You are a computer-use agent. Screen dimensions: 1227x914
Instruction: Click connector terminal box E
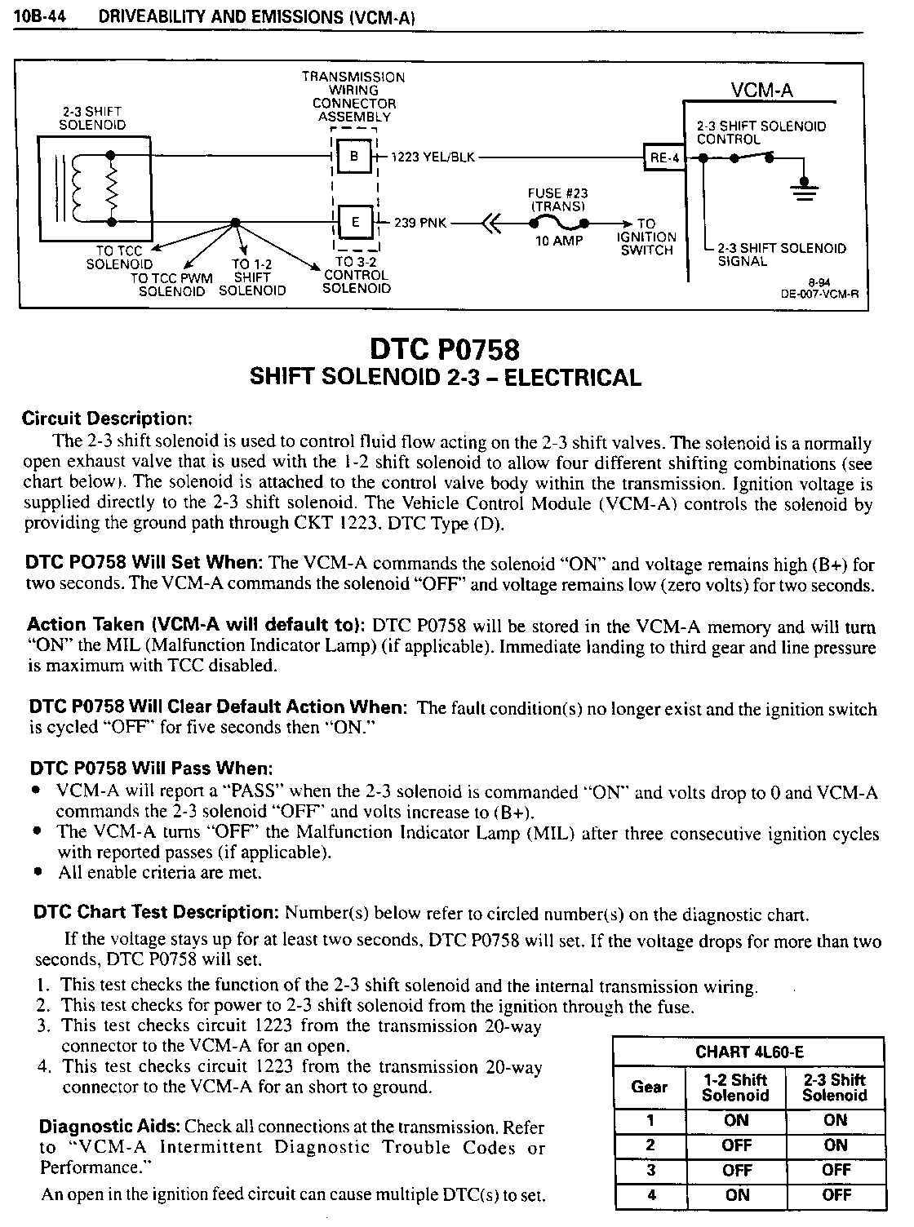coord(354,222)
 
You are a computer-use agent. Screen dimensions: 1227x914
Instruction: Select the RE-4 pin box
coord(664,158)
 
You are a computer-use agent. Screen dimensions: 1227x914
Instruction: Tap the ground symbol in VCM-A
coord(805,189)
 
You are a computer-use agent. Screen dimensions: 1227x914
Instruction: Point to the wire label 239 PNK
coord(420,223)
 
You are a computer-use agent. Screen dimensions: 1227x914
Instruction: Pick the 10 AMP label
coord(559,241)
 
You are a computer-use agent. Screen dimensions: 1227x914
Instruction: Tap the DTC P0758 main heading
coord(445,349)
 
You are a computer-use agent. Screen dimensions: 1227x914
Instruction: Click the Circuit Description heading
coord(106,419)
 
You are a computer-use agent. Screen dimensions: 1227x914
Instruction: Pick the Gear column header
coord(650,1087)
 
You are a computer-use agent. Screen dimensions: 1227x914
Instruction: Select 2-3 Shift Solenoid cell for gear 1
coord(835,1120)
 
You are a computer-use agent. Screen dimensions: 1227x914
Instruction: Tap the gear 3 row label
coord(650,1170)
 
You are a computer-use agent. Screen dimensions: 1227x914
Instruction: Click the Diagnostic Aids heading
coord(110,1127)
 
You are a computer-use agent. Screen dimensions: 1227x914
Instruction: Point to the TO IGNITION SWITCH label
coord(646,237)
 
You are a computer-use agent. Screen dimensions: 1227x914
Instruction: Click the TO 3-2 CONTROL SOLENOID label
coord(356,275)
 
